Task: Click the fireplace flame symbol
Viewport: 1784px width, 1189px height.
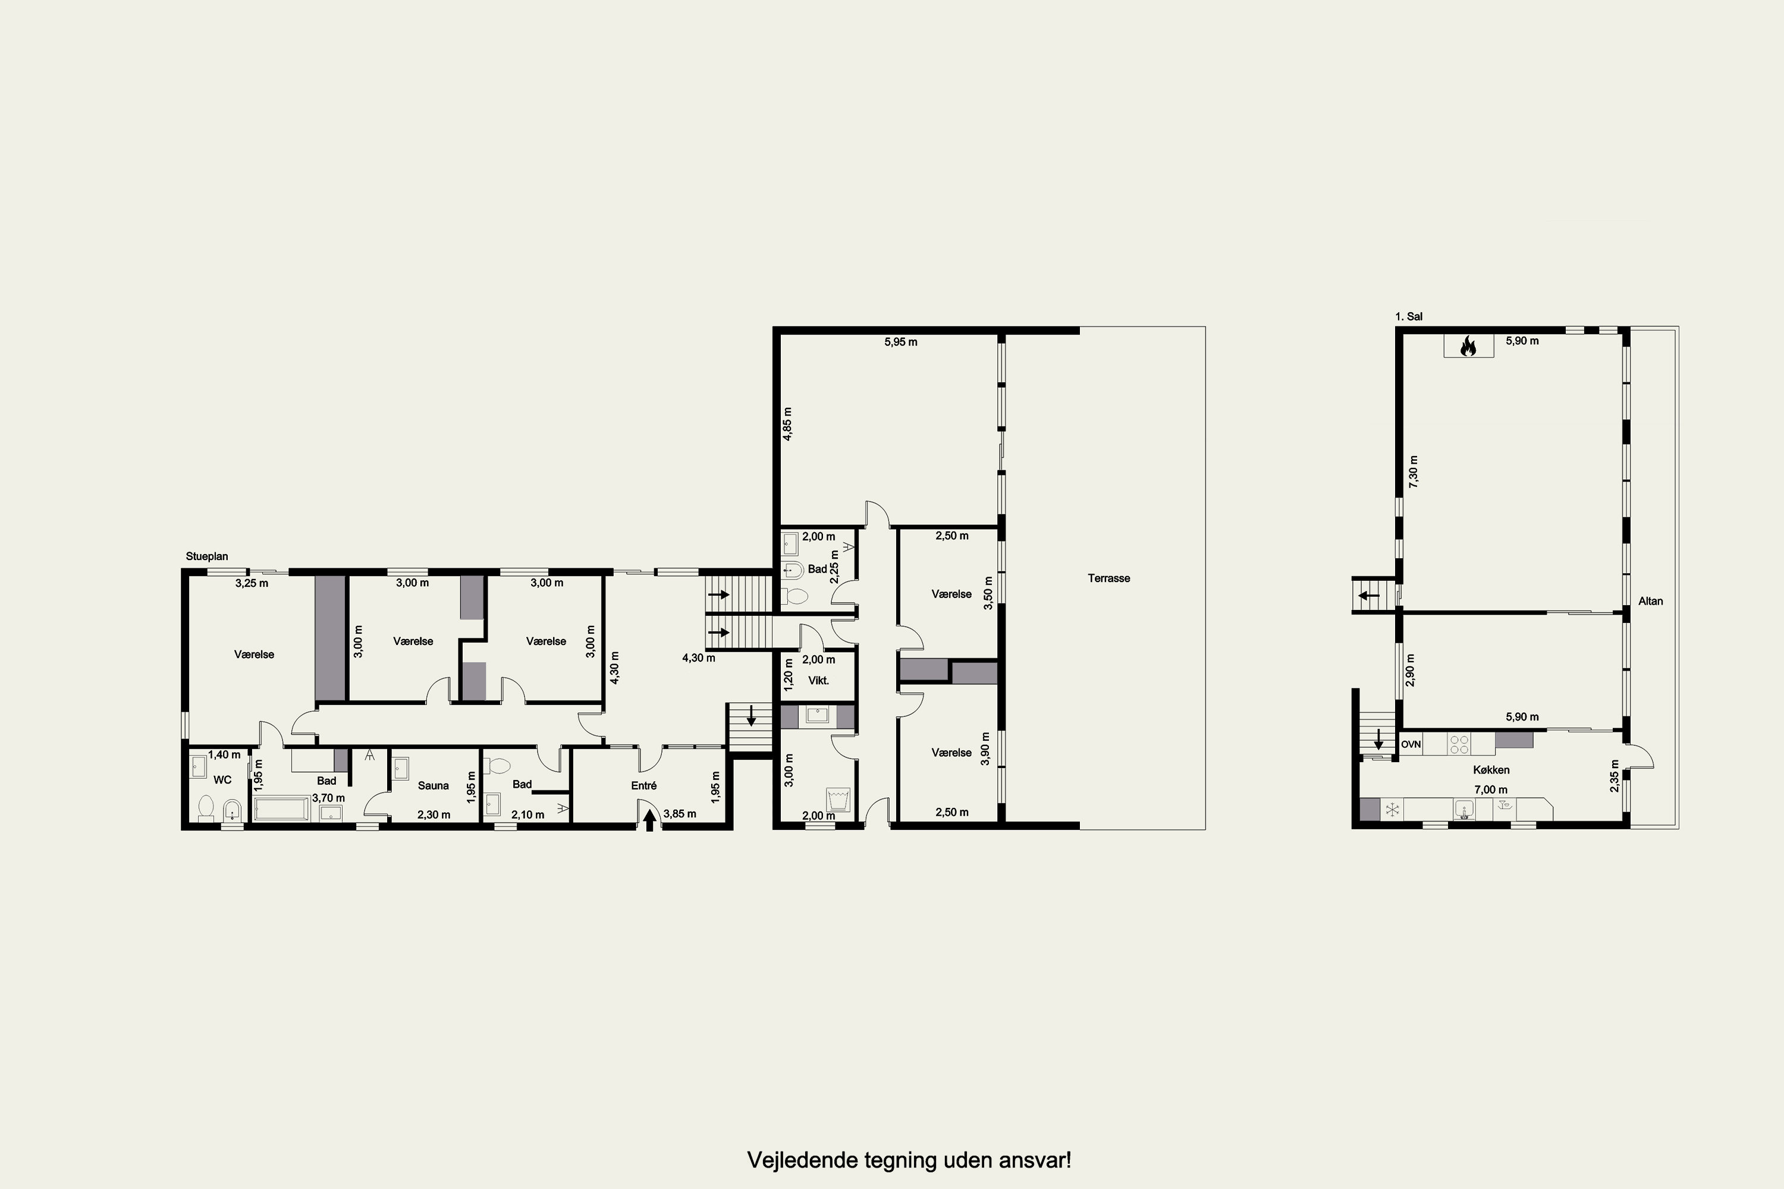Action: [x=1468, y=347]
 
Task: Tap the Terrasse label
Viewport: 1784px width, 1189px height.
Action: [x=1109, y=578]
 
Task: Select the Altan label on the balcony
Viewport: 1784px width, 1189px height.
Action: [x=1651, y=601]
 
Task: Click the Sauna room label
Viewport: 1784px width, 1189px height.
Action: [x=433, y=785]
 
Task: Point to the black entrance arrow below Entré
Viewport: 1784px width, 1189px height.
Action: [x=649, y=820]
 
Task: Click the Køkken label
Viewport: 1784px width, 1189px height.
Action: [x=1491, y=770]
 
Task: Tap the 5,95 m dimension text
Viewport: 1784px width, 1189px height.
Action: [x=901, y=342]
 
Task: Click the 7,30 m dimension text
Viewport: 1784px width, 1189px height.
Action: [x=1413, y=471]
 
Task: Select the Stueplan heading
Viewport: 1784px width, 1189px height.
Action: [x=207, y=556]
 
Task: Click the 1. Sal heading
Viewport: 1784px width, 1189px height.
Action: [x=1409, y=316]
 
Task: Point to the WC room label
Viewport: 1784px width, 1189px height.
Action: [x=222, y=779]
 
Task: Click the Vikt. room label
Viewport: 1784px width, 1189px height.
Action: [x=818, y=680]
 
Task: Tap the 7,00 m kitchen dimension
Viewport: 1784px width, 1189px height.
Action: [x=1490, y=789]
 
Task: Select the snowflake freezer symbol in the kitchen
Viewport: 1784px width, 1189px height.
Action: [x=1392, y=810]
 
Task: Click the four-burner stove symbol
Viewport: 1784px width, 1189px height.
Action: [x=1459, y=744]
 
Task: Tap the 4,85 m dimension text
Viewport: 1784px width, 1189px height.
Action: [x=787, y=424]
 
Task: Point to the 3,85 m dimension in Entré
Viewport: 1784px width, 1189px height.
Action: [x=680, y=814]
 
